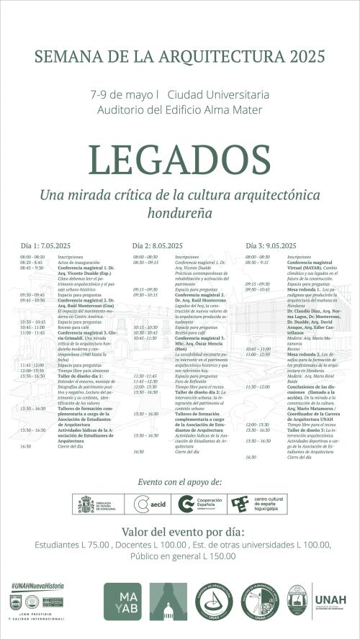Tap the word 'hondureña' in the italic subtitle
point(179,213)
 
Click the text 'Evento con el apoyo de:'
point(180,481)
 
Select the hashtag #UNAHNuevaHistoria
point(37,586)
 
